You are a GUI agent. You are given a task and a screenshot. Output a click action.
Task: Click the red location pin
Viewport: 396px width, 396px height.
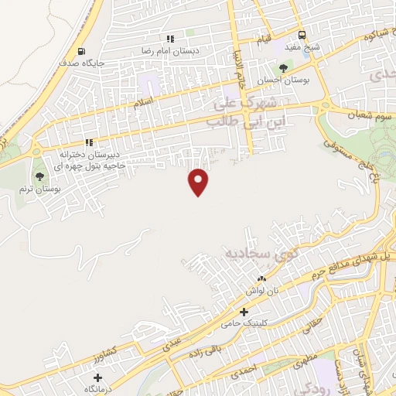(200, 181)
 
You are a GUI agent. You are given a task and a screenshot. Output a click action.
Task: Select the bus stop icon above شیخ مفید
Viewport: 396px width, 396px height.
(302, 35)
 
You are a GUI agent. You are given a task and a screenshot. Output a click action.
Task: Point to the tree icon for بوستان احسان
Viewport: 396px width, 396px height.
(284, 69)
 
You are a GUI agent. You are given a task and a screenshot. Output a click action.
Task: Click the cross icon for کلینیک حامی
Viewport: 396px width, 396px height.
(244, 312)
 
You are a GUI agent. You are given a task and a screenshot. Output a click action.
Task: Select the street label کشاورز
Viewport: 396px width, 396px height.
(112, 350)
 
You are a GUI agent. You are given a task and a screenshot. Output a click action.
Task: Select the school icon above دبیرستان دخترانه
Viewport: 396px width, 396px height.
(89, 142)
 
